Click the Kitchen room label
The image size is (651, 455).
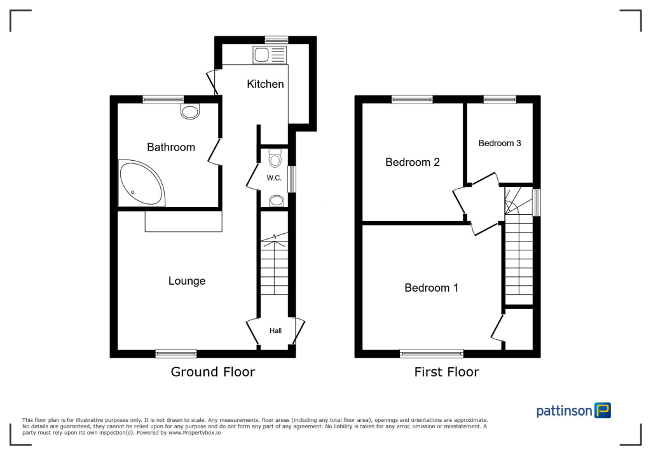265,84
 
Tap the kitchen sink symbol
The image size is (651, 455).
270,55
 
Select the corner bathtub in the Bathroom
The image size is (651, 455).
139,183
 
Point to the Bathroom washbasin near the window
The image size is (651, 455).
189,112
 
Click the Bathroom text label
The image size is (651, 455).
170,147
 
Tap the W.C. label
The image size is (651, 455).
274,178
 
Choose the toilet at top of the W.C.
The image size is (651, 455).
275,156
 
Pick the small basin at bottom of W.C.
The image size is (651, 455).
275,201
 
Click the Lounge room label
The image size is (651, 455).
186,281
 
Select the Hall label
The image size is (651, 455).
275,330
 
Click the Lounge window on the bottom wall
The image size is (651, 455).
176,353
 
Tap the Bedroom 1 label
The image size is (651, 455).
431,288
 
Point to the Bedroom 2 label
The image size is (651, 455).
412,163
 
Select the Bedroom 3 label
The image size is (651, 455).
500,144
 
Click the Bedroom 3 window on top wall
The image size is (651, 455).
499,99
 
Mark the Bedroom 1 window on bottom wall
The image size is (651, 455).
432,353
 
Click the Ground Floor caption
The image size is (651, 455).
212,372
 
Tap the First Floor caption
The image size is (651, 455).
446,372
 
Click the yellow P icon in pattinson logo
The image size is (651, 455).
602,410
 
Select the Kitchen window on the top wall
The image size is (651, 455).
276,40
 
